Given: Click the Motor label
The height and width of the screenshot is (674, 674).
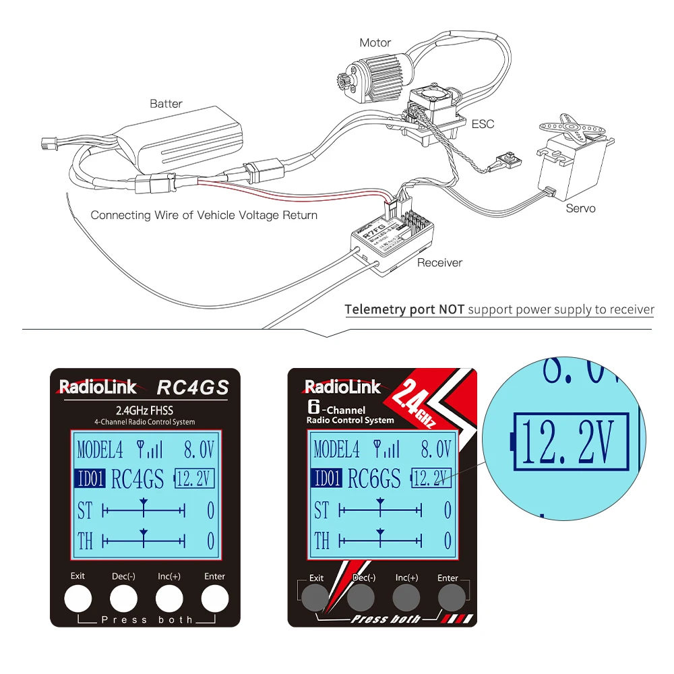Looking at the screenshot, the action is [x=375, y=42].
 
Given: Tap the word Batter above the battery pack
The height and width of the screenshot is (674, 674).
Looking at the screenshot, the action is [x=166, y=104].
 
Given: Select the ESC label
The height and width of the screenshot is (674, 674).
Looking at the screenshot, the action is [x=483, y=124].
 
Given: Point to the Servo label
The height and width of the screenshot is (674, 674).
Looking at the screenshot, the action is [x=580, y=208].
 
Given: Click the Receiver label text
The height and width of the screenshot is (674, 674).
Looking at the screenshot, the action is [x=439, y=263].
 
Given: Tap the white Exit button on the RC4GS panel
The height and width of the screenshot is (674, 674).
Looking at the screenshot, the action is [x=78, y=597].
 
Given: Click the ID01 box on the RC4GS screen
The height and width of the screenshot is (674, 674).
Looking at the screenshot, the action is [x=90, y=479].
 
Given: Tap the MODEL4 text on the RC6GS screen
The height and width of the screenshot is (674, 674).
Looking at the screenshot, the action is [x=336, y=449].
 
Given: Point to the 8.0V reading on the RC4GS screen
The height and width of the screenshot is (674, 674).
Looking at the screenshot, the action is [x=200, y=449].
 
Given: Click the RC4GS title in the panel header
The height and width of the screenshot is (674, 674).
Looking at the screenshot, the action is [x=193, y=388].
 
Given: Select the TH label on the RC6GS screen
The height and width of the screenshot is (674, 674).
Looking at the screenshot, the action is [x=321, y=541].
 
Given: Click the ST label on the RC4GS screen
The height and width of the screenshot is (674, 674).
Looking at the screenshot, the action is [x=84, y=510].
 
